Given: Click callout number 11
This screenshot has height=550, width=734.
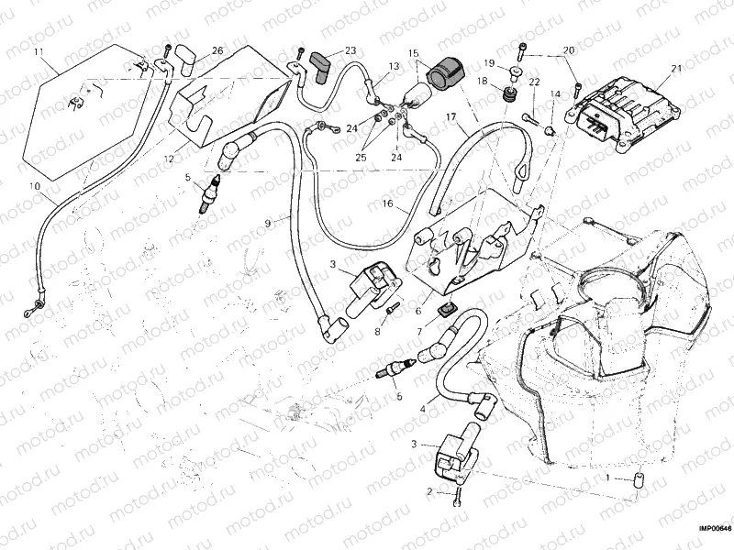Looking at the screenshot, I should (x=39, y=51).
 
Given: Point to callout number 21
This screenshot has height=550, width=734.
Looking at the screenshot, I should (x=676, y=69).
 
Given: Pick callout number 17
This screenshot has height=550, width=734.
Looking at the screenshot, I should (x=451, y=117).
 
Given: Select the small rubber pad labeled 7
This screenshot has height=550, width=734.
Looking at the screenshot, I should (x=450, y=310).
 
